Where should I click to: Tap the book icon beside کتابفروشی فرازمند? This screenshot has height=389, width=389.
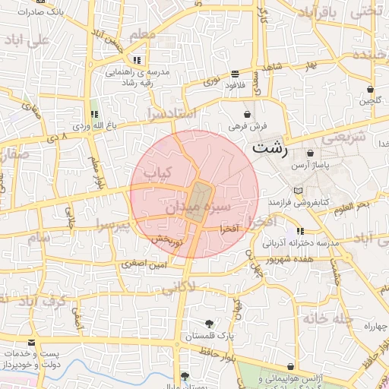tap(297, 190)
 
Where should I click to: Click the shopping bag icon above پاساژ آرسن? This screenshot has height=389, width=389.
tap(310, 153)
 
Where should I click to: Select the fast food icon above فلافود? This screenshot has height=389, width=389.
tap(234, 74)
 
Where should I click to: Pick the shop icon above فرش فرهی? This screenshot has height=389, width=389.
tap(248, 115)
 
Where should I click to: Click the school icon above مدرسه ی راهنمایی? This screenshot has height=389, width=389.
tap(136, 60)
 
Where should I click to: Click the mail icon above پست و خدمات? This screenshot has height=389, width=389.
tap(31, 343)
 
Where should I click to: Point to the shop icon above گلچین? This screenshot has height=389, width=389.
tap(370, 88)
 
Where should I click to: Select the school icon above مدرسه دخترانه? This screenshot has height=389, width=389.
tap(301, 230)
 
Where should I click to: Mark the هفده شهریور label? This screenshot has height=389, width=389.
tap(289, 259)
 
